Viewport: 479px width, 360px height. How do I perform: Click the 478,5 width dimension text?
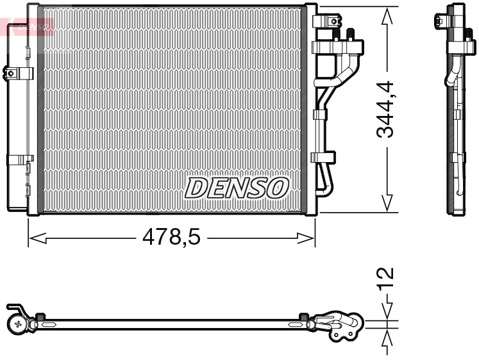pos(171,238)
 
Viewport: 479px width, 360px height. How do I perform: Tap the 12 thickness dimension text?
pos(386,279)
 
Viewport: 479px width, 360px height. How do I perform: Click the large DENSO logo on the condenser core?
pos(236,187)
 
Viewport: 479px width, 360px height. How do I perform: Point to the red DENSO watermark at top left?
pos(28,26)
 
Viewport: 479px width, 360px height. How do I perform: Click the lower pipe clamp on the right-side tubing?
pos(324,156)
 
